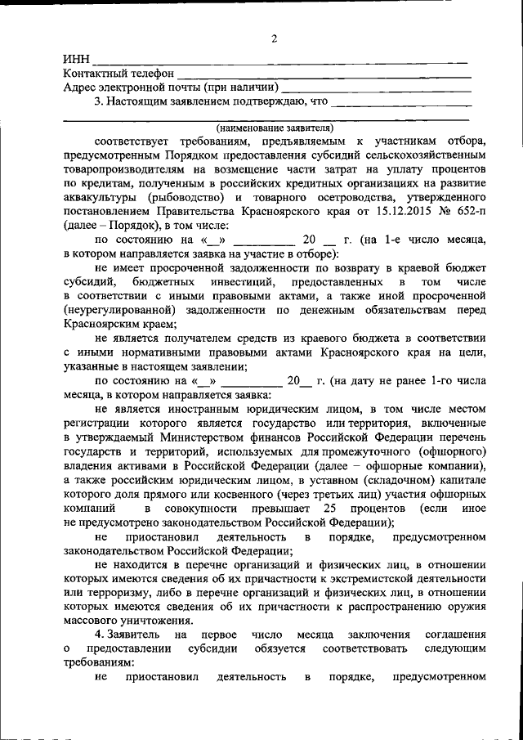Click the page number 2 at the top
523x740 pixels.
(x=275, y=38)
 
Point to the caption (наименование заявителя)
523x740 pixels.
(x=275, y=128)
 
